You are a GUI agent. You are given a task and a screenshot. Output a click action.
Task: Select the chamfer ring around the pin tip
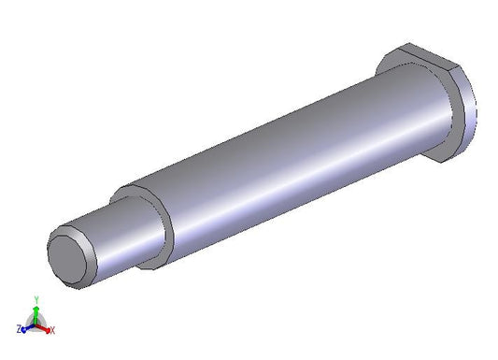(x=92, y=254)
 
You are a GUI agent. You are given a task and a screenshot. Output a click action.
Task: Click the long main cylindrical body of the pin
(x=286, y=159)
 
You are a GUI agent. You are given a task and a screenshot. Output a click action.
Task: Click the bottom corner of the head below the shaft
(x=442, y=163)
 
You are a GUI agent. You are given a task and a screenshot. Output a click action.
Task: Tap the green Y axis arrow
(x=36, y=314)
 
